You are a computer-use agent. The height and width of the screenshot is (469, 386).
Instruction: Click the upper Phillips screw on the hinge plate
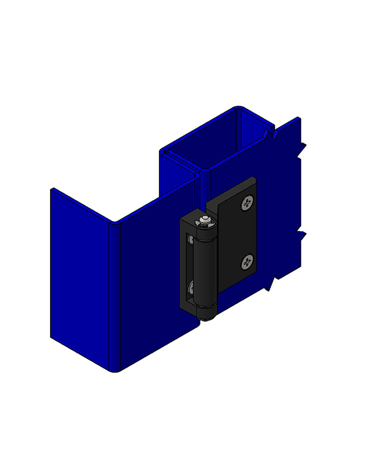click(x=246, y=203)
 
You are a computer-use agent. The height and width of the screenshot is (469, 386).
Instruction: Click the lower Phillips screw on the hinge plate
click(x=247, y=261)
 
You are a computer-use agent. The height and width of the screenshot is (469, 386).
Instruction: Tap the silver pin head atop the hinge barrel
click(x=204, y=221)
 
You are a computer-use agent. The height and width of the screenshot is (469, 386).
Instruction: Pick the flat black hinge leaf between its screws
click(x=235, y=233)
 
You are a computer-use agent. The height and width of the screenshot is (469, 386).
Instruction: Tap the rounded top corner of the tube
click(x=238, y=108)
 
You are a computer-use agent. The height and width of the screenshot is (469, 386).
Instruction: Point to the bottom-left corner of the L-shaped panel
click(x=52, y=336)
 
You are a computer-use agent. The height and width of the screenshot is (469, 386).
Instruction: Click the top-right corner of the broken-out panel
click(x=298, y=119)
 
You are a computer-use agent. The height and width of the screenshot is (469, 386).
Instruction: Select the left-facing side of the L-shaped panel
click(x=82, y=280)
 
